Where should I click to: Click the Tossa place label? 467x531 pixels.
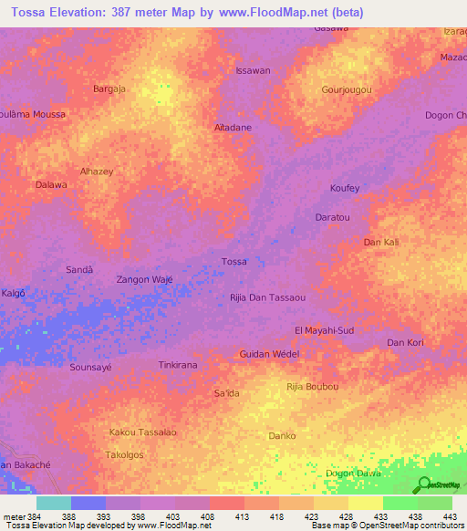pos(234,262)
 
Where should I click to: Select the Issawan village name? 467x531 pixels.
pos(253,70)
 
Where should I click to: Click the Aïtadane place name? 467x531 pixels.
pos(233,128)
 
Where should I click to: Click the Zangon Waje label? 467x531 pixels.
pos(145,280)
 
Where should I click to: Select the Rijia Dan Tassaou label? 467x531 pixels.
pos(266,298)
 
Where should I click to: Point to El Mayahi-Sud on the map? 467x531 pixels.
pos(325,329)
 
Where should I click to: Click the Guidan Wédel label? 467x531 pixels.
pos(269,354)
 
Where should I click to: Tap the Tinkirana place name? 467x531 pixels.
pos(179,365)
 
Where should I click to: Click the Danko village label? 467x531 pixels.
pos(282,436)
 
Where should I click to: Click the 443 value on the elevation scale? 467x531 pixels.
pos(447,516)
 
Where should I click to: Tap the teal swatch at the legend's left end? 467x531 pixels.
pos(54,503)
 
